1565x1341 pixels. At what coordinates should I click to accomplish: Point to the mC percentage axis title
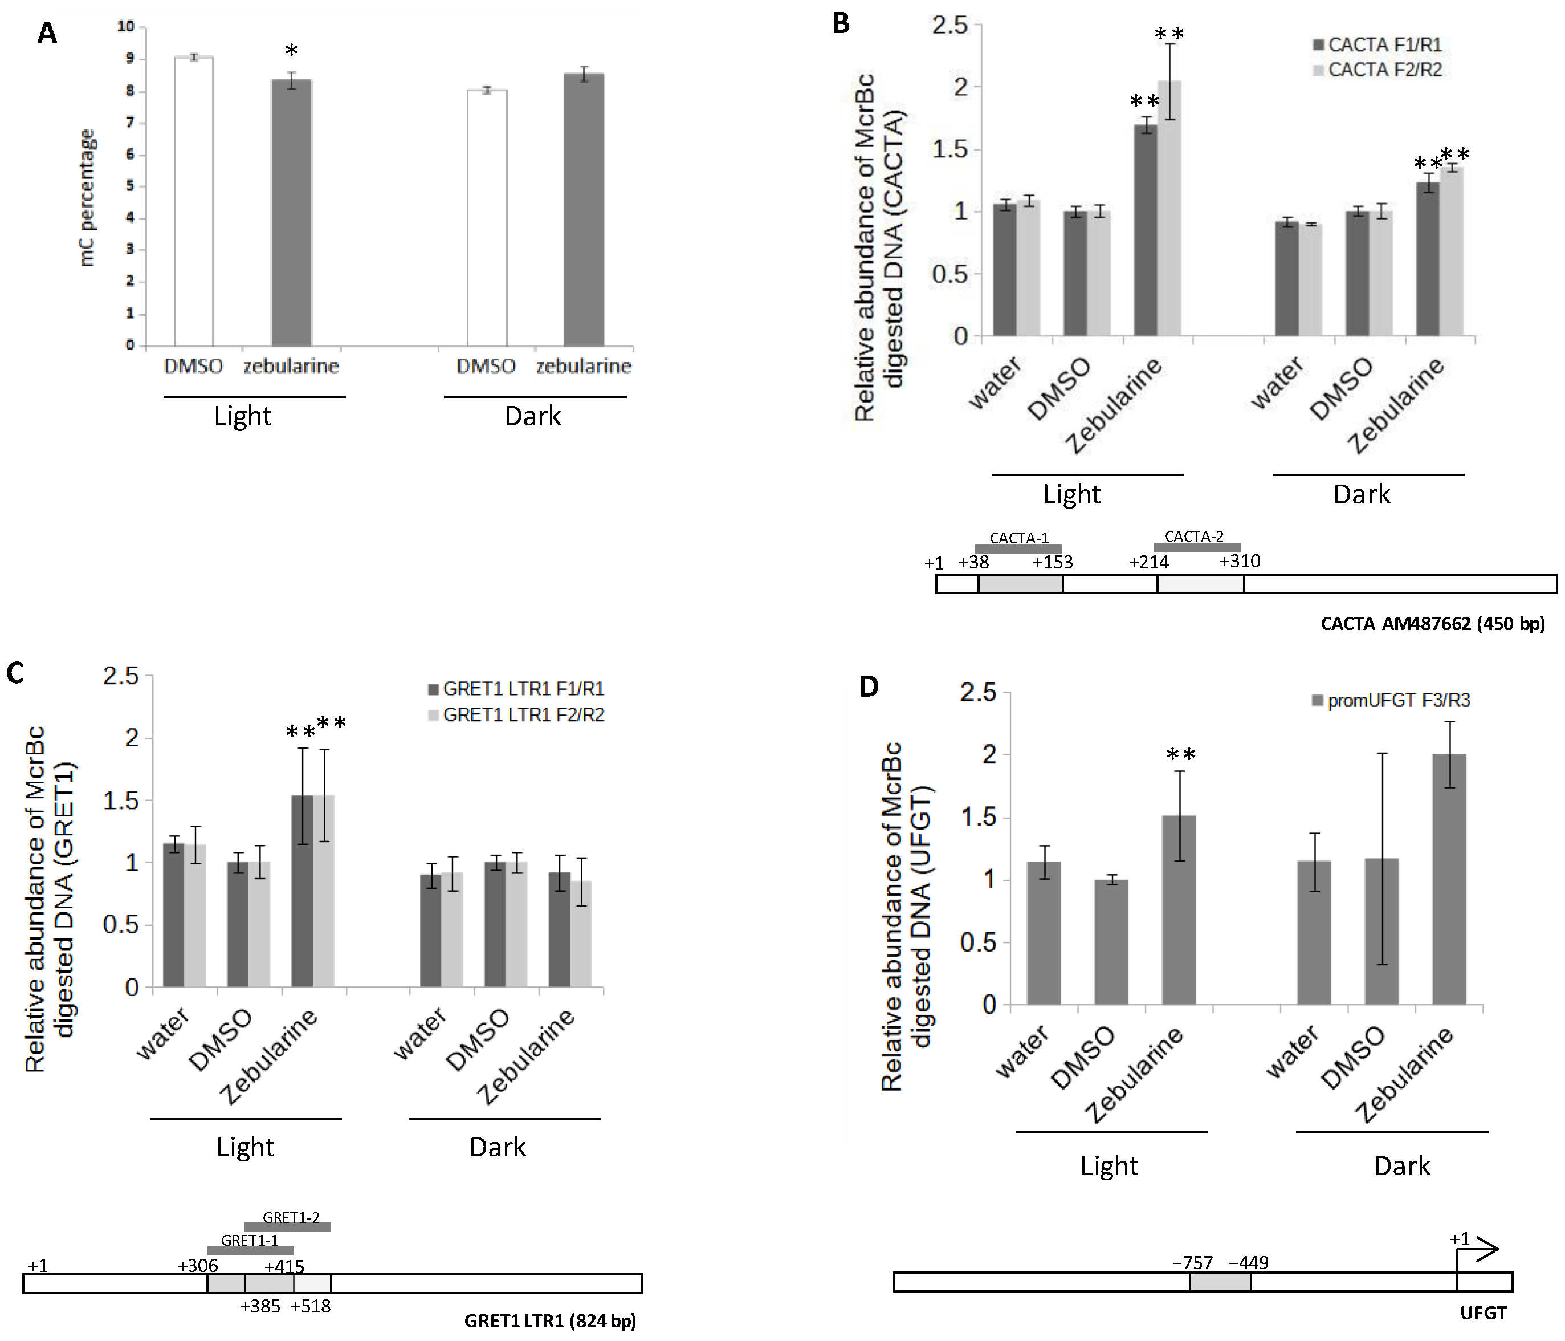coord(88,198)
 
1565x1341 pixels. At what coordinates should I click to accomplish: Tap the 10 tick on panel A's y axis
coord(126,26)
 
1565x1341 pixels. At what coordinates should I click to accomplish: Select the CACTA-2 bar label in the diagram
coord(1194,537)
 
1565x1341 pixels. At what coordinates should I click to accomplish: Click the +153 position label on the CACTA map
coord(1053,562)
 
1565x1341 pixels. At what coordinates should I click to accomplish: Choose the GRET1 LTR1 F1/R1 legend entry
coord(516,689)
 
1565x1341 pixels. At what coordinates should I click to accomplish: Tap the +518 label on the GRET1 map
coord(311,1306)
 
